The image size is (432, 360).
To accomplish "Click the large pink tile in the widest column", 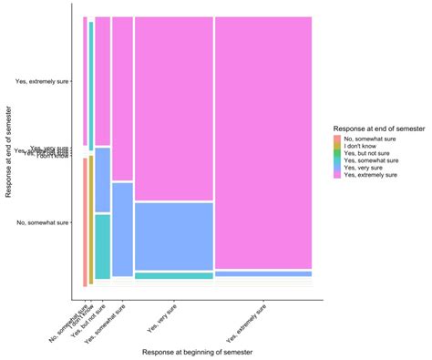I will click(x=263, y=141).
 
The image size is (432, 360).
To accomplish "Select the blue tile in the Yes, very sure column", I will click(x=173, y=235).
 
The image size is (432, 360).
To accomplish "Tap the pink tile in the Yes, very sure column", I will click(x=173, y=108).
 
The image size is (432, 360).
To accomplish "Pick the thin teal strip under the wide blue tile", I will click(x=173, y=275).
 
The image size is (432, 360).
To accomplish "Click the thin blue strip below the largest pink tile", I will click(x=263, y=273).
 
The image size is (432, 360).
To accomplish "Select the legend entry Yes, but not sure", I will click(x=367, y=153).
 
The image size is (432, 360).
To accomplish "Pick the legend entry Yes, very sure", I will click(x=365, y=168).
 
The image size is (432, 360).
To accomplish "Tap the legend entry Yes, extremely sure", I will click(x=370, y=175).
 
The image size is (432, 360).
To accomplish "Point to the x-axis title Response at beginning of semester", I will click(x=191, y=351).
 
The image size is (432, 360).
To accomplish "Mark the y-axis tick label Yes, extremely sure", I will click(x=42, y=81).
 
